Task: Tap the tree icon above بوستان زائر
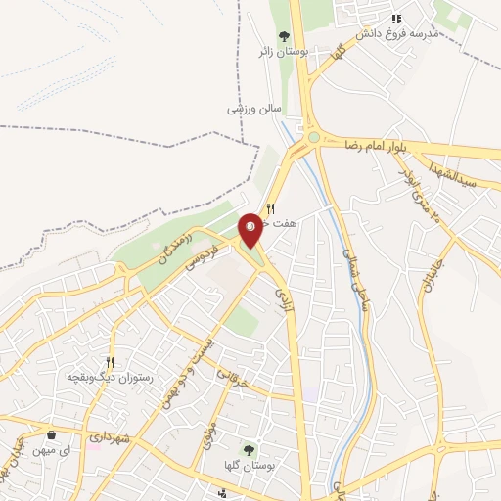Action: tap(284, 37)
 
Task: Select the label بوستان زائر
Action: tap(284, 53)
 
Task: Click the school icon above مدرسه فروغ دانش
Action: tap(396, 19)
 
